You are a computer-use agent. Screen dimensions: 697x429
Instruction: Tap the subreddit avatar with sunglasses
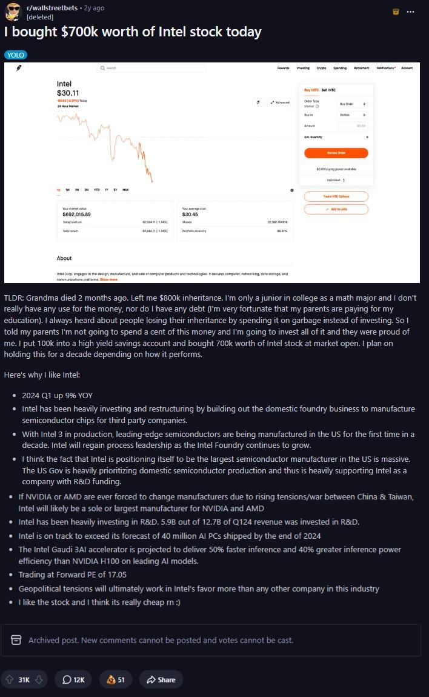12,12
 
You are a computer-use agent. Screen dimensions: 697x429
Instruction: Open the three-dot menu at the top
411,12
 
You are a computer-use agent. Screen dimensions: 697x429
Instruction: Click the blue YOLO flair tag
15,55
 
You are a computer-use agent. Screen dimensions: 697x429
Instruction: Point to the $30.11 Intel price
68,93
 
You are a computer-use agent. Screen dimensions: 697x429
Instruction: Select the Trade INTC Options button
336,196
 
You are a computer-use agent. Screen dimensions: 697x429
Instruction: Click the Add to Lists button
336,209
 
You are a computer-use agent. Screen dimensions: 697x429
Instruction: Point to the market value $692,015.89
76,214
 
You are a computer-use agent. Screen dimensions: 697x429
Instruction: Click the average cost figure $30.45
190,214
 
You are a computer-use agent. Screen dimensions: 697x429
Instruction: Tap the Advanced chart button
280,102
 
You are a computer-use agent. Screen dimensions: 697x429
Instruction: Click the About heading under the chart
64,258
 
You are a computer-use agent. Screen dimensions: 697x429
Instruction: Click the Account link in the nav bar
407,68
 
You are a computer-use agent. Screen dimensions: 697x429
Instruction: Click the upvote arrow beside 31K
8,679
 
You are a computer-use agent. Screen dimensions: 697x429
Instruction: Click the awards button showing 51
115,679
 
